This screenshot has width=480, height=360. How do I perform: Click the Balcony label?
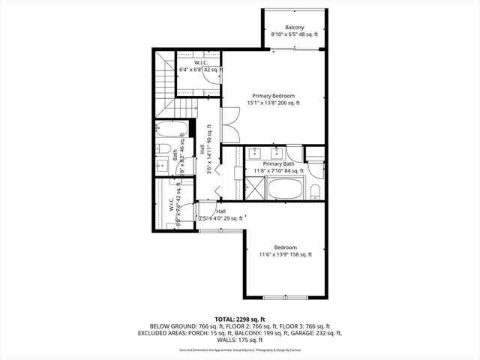coord(295,27)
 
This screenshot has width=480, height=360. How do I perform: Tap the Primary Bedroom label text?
coord(273,96)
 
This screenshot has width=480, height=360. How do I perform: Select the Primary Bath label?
coord(277,163)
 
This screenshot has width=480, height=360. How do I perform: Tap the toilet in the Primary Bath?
coord(316,189)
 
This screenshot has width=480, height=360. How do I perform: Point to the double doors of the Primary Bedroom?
coord(229,125)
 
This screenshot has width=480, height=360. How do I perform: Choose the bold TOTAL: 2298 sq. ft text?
coord(240,318)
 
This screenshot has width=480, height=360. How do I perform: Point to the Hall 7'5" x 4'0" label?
coord(220,215)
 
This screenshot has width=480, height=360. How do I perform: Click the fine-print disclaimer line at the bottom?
coord(240,349)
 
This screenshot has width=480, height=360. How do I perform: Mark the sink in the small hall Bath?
coord(163,165)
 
